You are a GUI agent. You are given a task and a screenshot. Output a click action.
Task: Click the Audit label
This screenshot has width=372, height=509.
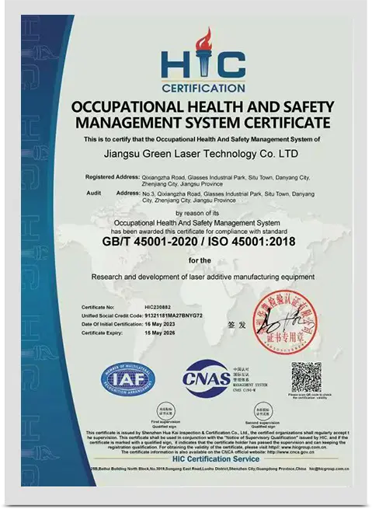click(x=94, y=191)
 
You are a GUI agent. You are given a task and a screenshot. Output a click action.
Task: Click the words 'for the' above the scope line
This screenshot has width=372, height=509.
click(x=204, y=260)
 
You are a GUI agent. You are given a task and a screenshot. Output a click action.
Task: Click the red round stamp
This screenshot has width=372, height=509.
click(x=311, y=317)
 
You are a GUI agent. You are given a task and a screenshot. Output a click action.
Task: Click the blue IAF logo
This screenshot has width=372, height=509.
click(x=127, y=379)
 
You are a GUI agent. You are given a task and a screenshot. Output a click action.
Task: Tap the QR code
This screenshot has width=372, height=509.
click(x=307, y=378)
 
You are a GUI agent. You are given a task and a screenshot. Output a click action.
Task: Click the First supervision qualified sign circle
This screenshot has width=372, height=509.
click(x=165, y=412)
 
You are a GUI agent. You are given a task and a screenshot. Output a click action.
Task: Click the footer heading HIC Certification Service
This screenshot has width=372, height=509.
click(x=205, y=459)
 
